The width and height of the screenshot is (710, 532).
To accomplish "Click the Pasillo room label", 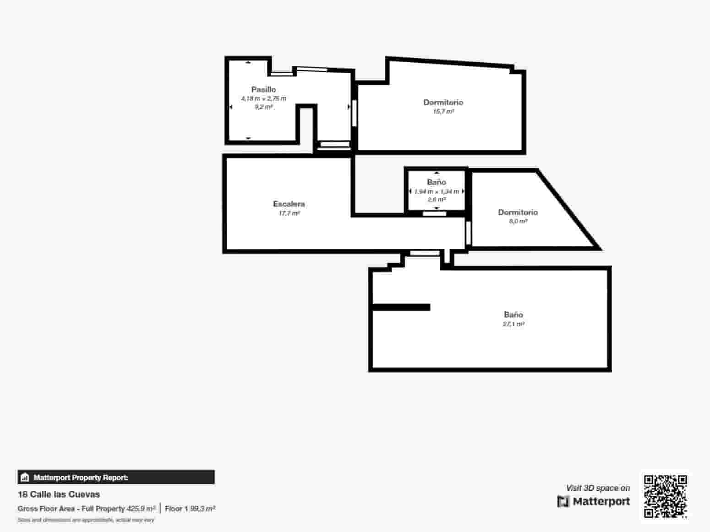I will coord(263,89).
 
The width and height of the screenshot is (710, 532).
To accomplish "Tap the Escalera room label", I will coord(289,204).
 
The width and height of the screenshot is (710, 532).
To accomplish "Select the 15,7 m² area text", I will coord(443,111).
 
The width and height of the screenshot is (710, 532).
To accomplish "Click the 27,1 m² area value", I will coord(513,324).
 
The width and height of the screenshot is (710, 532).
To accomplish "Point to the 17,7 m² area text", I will coord(289,213).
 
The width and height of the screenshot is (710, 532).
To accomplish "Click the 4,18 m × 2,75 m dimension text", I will coord(263,98).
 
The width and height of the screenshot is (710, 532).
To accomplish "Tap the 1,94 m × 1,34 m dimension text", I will coord(437,191).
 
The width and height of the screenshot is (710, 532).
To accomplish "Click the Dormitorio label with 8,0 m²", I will coord(518,212).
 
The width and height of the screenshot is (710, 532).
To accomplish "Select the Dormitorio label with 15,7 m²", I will coord(443,102).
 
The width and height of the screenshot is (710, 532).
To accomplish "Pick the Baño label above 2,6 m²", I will coord(436,182).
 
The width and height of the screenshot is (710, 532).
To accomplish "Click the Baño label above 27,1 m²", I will coord(513,315).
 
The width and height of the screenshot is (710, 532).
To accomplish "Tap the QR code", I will coord(665,496).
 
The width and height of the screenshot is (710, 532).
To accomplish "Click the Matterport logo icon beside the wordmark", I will coord(563,501).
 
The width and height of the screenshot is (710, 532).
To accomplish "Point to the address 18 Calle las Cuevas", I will coord(59,494).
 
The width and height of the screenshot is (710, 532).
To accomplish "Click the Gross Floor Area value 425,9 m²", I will coord(141,509).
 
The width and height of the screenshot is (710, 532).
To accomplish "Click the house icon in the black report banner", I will coord(25,478).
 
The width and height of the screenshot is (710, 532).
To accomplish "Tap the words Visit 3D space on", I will coord(598,488).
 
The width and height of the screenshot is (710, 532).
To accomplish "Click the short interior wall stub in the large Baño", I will coord(401,307).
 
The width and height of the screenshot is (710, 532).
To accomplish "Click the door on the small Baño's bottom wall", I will coord(434,213).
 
